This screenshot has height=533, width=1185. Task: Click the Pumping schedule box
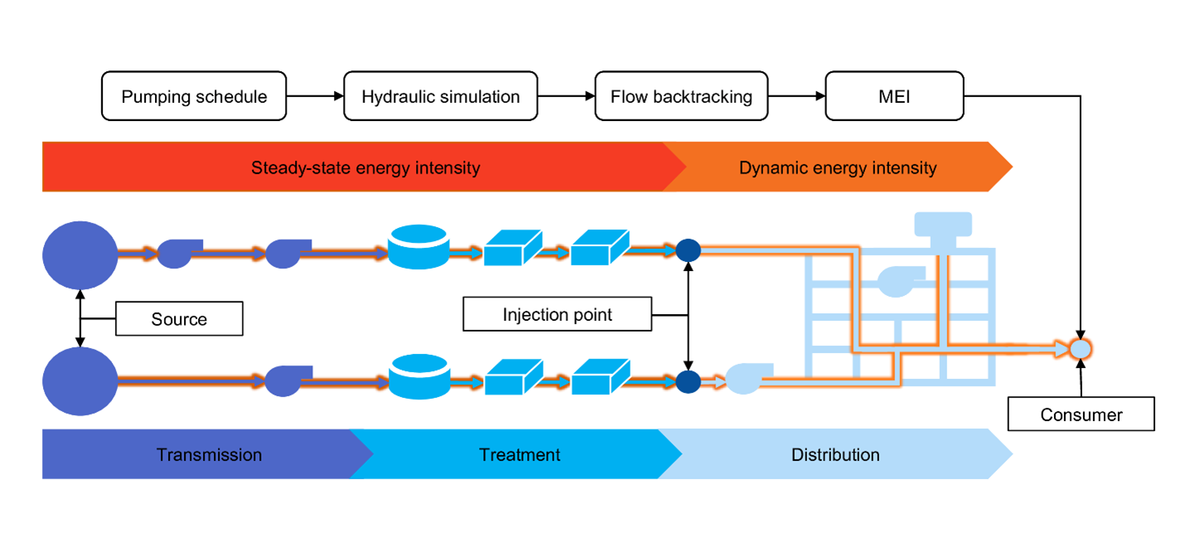[x=194, y=97]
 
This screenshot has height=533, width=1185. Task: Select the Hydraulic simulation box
[x=440, y=97]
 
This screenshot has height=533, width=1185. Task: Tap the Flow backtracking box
[x=681, y=97]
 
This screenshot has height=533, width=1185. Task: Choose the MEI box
[x=894, y=97]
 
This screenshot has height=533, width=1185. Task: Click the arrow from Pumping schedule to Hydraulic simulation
[x=315, y=97]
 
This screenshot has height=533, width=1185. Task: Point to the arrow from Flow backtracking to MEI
[x=796, y=97]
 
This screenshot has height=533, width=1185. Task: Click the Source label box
[x=179, y=319]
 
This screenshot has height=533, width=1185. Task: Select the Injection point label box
[x=557, y=315]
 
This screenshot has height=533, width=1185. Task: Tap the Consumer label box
[x=1081, y=414]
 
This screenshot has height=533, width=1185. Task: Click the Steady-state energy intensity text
[x=365, y=168]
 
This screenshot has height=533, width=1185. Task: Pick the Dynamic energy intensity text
[x=837, y=168]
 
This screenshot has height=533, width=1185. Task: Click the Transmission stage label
[x=209, y=455]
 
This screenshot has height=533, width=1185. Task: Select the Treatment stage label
[x=520, y=455]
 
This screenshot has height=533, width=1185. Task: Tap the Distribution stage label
[x=834, y=455]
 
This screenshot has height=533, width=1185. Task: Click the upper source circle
[x=80, y=255]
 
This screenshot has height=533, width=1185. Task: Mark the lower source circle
[x=80, y=381]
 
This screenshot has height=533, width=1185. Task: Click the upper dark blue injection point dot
[x=688, y=250]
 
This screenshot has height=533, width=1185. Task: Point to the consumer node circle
[x=1079, y=349]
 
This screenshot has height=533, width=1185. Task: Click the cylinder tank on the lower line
[x=418, y=376]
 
